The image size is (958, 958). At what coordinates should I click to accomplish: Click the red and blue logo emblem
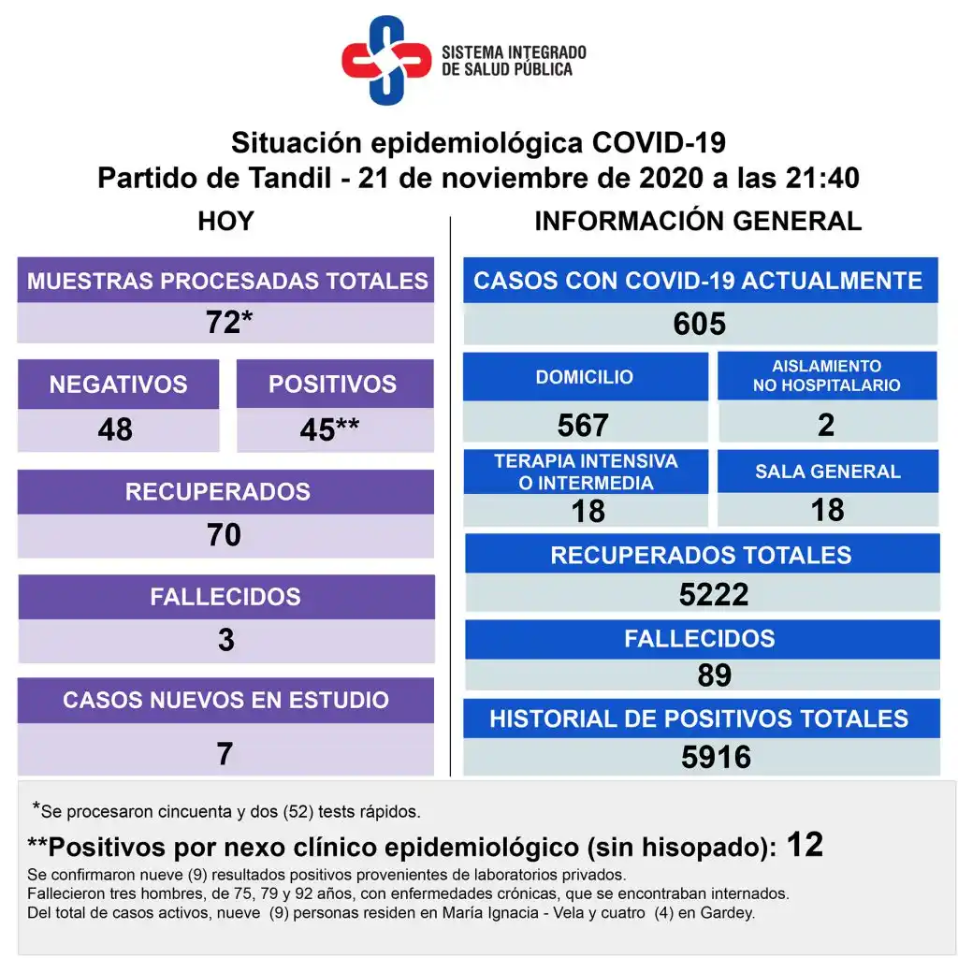(385, 60)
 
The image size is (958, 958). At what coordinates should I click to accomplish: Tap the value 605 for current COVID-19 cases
(699, 324)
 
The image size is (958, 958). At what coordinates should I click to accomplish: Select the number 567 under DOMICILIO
(583, 426)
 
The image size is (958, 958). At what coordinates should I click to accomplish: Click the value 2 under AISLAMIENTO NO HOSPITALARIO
(826, 425)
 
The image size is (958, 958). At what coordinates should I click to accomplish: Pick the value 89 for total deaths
(714, 675)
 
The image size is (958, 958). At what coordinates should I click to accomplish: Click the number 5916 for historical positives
(716, 757)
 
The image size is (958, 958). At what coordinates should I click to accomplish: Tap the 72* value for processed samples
(228, 323)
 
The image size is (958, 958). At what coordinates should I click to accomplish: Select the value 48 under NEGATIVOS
(115, 429)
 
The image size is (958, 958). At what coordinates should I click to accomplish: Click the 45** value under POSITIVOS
(329, 429)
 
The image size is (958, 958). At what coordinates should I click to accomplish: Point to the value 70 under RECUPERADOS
(225, 534)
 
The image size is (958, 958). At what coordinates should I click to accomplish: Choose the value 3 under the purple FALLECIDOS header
(225, 640)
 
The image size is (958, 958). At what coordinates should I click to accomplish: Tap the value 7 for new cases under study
(225, 753)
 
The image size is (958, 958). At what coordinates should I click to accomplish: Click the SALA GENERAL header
(828, 472)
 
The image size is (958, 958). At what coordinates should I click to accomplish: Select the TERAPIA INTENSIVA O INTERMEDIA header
(586, 472)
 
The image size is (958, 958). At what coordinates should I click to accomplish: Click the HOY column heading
(225, 222)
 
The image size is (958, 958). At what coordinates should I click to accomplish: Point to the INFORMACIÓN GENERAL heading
(698, 222)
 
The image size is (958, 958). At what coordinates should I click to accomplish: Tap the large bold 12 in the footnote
(805, 845)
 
